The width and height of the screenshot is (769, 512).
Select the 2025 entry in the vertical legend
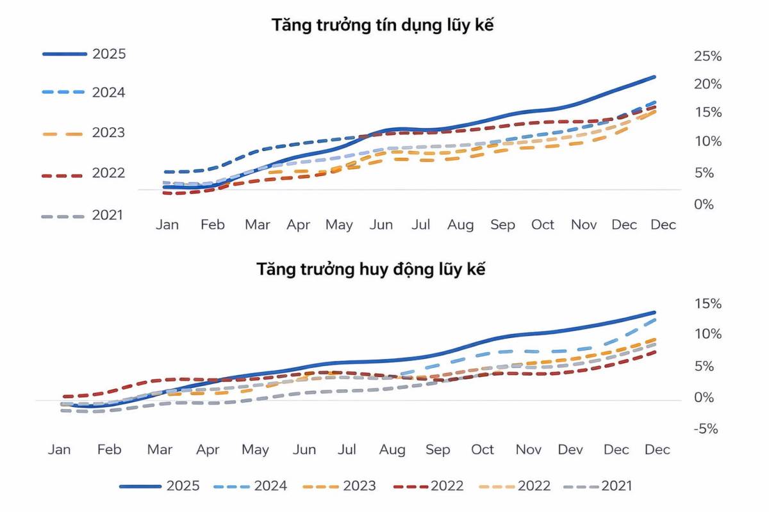109,54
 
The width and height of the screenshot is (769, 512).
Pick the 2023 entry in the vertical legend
109,133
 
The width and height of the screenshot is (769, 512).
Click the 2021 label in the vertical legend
107,215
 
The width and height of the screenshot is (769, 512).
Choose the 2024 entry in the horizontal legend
270,486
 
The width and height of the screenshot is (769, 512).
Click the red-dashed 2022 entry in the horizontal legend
447,486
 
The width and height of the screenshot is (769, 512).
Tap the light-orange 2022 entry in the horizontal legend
534,486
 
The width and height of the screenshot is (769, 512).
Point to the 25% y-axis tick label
707,56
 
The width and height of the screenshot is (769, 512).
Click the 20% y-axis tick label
707,84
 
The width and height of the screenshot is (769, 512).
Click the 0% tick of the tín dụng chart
704,204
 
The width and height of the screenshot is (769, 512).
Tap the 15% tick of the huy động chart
707,303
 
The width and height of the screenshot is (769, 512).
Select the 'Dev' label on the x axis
570,450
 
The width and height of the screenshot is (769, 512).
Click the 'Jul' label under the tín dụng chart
420,225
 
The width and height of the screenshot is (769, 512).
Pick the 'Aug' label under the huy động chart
392,450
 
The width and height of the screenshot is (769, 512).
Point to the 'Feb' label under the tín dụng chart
212,225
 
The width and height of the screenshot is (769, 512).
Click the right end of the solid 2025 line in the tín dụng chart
654,77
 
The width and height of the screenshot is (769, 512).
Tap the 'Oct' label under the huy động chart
483,450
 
